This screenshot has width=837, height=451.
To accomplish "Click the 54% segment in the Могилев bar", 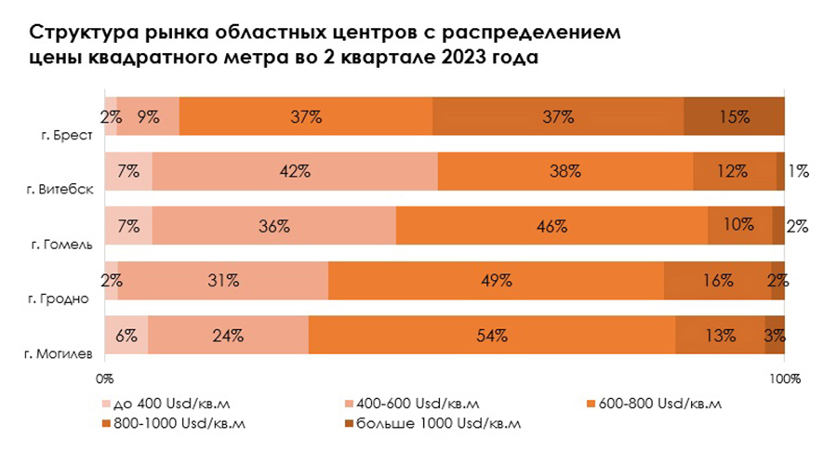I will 491,335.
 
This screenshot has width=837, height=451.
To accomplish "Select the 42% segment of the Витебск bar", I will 295,171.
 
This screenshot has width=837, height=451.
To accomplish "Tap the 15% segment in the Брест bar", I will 734,116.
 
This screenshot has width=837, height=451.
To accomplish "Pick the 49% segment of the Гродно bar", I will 496,280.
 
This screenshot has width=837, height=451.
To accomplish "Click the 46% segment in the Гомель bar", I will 551,226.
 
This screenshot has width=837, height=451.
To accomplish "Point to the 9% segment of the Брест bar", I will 148,116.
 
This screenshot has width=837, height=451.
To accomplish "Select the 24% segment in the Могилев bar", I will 228,335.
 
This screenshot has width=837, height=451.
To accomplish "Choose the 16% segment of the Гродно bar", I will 717,280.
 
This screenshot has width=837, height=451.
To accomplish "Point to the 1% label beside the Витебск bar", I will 798,171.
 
